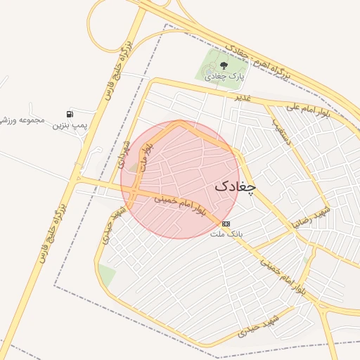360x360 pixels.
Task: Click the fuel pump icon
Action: coord(70,113)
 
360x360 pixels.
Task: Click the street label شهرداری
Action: coord(124,154)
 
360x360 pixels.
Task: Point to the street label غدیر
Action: coord(243,98)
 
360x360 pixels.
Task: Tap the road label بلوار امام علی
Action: coord(309,111)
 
